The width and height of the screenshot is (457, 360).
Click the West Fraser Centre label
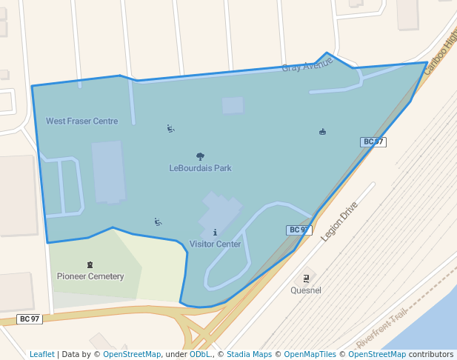click(81, 121)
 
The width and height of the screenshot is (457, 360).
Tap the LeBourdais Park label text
click(200, 168)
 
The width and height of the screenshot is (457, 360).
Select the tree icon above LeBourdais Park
click(200, 156)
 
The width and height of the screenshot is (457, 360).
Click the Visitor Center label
click(215, 244)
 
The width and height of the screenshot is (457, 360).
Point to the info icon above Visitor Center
click(215, 233)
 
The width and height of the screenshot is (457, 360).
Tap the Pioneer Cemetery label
click(90, 276)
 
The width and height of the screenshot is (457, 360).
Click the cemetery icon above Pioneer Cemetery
click(90, 264)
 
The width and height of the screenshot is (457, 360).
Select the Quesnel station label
click(306, 290)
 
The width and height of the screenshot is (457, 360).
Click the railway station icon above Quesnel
click(306, 279)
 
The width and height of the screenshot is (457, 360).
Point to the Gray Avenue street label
click(307, 66)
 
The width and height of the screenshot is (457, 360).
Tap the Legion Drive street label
click(339, 221)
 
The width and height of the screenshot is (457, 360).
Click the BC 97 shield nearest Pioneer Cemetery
click(30, 319)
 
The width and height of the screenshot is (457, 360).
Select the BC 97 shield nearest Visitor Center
click(298, 230)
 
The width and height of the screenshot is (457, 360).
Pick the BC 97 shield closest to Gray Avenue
click(373, 141)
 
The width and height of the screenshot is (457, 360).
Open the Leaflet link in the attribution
click(41, 354)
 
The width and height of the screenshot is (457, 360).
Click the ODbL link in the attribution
click(200, 354)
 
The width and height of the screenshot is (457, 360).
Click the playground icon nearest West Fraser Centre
click(171, 129)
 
